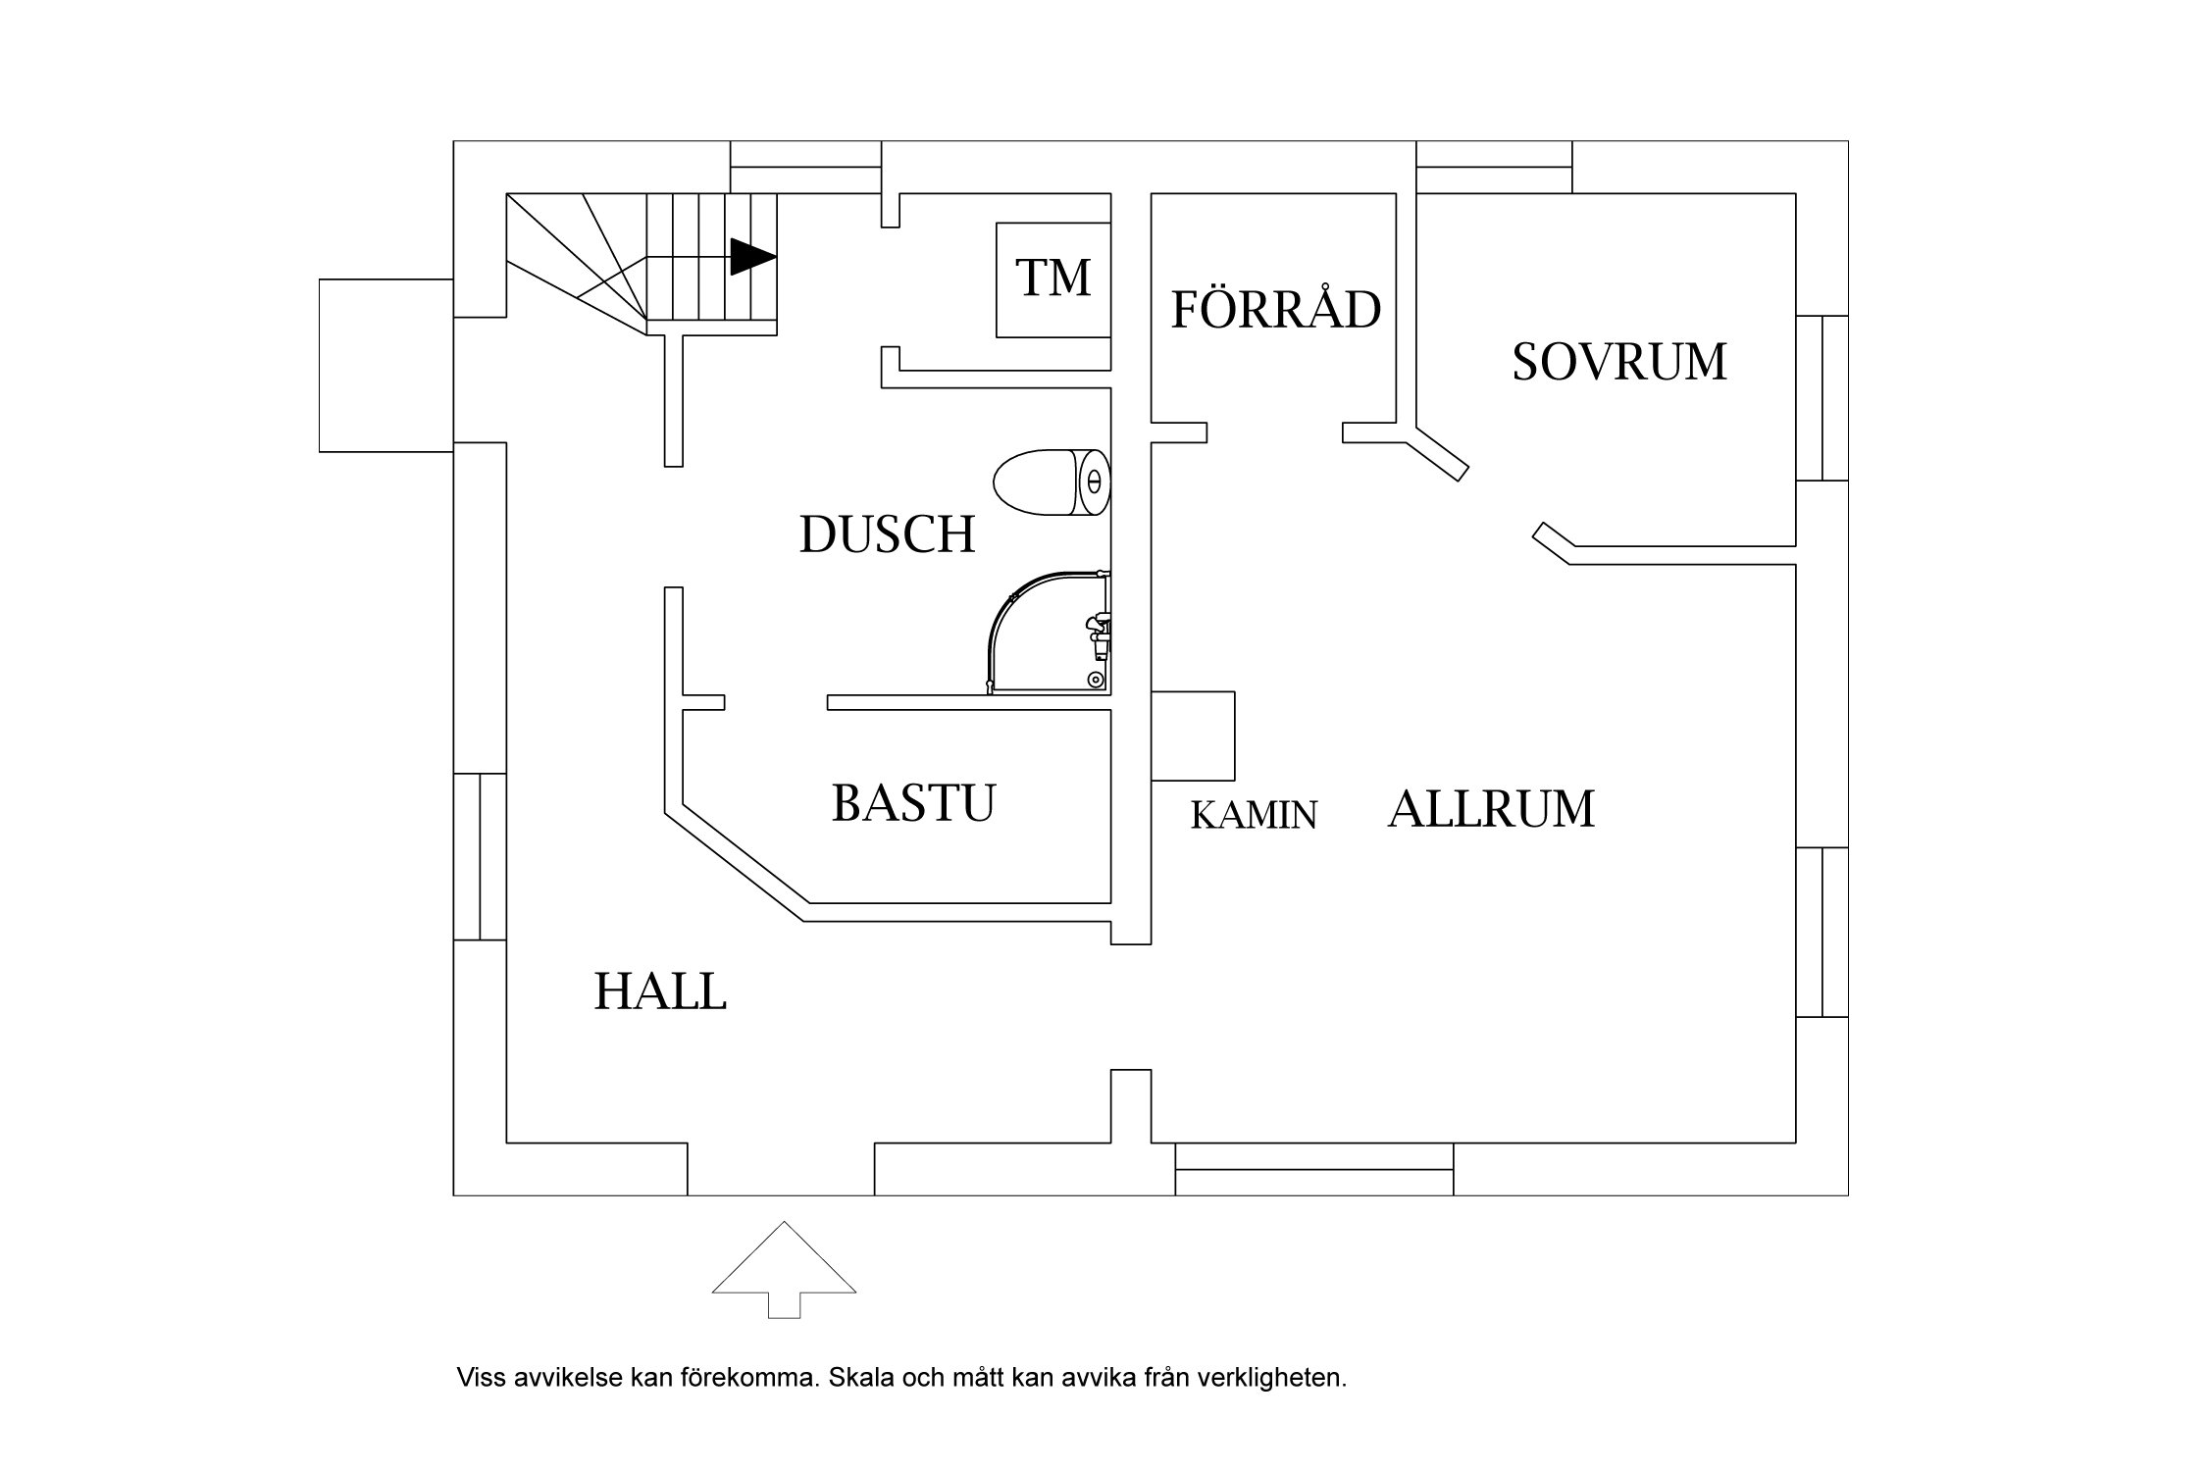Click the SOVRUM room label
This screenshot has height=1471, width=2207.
pyautogui.click(x=1618, y=362)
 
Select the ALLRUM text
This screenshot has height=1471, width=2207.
pyautogui.click(x=1491, y=810)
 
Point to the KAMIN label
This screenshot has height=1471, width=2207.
pyautogui.click(x=1254, y=816)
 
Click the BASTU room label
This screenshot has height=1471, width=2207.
pyautogui.click(x=913, y=802)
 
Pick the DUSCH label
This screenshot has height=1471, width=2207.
pyautogui.click(x=887, y=535)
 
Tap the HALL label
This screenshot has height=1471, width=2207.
pyautogui.click(x=660, y=992)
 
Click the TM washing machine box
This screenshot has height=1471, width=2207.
pyautogui.click(x=1053, y=280)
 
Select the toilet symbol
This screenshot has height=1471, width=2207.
pyautogui.click(x=1052, y=482)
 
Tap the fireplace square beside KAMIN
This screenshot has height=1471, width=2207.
pyautogui.click(x=1193, y=735)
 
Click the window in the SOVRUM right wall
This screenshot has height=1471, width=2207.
pyautogui.click(x=1822, y=397)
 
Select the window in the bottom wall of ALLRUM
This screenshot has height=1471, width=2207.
pyautogui.click(x=1313, y=1169)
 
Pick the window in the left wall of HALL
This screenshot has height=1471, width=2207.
pyautogui.click(x=480, y=856)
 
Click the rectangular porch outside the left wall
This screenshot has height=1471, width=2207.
pyautogui.click(x=385, y=365)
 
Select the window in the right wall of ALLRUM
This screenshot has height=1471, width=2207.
pyautogui.click(x=1822, y=932)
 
